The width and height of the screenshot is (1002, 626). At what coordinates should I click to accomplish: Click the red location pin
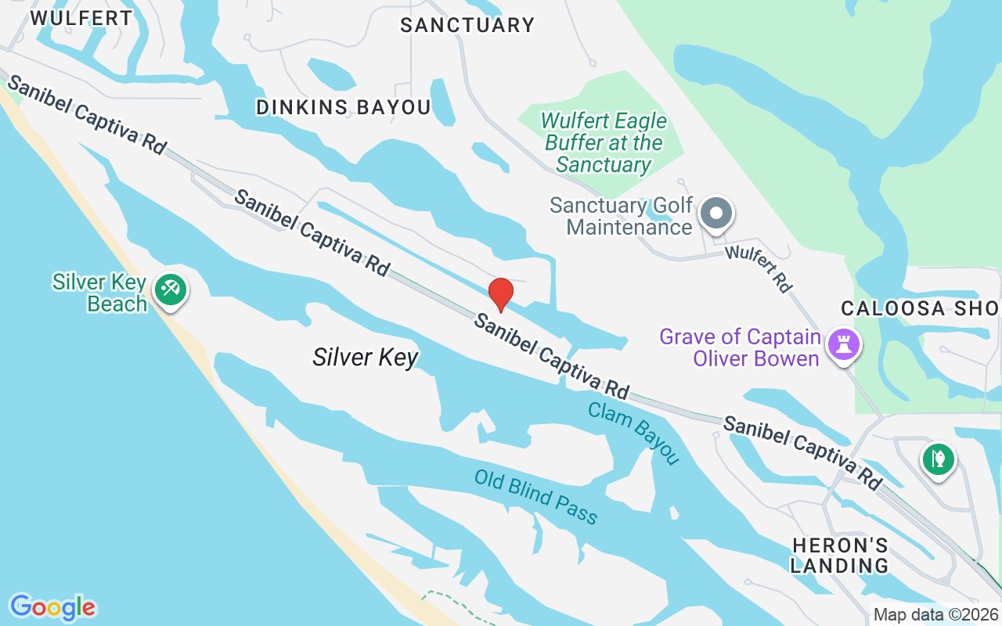[x=500, y=294]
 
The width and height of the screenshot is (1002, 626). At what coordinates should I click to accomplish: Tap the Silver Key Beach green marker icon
[x=170, y=290]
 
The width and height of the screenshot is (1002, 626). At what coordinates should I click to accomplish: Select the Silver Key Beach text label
[x=99, y=293]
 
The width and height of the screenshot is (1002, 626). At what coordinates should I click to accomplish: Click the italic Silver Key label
[x=366, y=358]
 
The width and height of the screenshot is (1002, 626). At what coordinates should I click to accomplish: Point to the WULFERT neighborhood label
[x=82, y=18]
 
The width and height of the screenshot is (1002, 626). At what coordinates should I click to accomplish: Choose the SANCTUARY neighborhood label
[x=467, y=25]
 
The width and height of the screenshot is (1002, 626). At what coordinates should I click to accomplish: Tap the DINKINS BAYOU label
[x=344, y=107]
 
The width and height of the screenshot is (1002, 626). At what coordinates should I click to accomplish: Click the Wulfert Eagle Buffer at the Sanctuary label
[x=604, y=142]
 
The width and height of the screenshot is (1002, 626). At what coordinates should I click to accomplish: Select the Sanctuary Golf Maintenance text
[x=621, y=217]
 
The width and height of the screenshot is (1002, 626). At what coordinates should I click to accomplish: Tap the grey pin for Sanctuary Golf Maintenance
[x=715, y=213]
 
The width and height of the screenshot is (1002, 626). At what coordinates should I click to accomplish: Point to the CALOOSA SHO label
[x=920, y=308]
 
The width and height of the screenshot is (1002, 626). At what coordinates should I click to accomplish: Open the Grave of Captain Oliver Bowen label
[x=740, y=347]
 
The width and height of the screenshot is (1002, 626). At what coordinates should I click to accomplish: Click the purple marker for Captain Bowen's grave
[x=844, y=344]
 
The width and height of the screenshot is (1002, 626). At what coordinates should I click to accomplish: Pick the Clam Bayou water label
[x=633, y=433]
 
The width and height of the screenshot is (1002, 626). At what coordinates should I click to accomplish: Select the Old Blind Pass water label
[x=536, y=497]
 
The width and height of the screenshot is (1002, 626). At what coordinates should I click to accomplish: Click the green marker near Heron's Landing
[x=937, y=458]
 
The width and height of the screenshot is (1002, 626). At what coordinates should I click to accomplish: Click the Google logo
[x=52, y=606]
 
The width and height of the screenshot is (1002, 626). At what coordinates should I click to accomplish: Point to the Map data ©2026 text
[x=935, y=614]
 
